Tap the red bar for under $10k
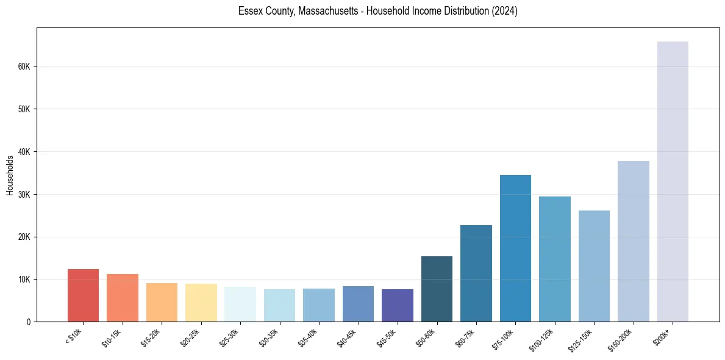[83, 295]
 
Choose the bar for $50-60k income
[437, 289]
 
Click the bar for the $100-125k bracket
[555, 259]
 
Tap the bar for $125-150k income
[594, 266]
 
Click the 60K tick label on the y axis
[24, 67]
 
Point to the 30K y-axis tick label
[24, 194]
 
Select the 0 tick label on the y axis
[29, 322]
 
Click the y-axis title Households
[10, 175]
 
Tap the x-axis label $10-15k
[112, 337]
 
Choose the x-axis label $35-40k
[308, 337]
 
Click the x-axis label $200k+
[662, 335]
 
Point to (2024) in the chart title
[505, 11]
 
